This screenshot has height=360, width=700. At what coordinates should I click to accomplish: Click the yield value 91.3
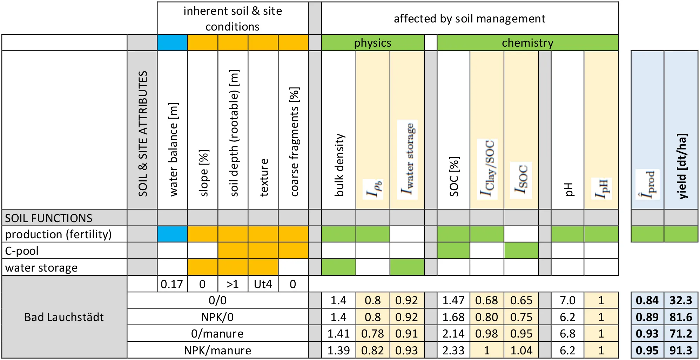click(x=681, y=350)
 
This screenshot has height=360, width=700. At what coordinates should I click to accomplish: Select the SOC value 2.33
click(x=453, y=350)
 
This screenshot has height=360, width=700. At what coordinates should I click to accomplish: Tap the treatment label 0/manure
click(x=217, y=333)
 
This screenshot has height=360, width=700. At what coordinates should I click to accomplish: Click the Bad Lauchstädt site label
click(x=64, y=317)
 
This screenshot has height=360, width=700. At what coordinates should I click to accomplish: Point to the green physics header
click(x=372, y=43)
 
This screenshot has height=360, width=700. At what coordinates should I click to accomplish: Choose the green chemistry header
click(x=527, y=43)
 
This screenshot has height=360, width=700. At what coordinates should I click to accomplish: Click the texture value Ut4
click(x=263, y=284)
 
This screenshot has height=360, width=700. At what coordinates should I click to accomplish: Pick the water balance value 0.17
click(x=172, y=284)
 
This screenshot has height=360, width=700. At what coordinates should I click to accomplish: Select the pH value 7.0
click(x=567, y=300)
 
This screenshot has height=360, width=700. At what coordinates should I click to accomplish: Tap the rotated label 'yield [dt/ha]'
click(x=681, y=166)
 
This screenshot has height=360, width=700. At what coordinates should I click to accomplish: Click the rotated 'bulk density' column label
click(x=339, y=165)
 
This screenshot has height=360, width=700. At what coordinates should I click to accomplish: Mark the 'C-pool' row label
click(x=22, y=251)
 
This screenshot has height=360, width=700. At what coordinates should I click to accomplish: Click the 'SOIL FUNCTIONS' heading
click(x=48, y=218)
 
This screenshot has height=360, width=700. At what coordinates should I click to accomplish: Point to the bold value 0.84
click(x=647, y=300)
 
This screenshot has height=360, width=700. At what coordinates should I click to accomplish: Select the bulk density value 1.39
click(x=338, y=350)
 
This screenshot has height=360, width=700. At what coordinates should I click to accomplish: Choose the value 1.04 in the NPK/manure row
click(x=521, y=350)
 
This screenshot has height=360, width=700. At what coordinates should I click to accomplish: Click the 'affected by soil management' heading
click(x=469, y=19)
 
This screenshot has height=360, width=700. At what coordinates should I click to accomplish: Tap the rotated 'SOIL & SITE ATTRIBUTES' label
click(x=143, y=133)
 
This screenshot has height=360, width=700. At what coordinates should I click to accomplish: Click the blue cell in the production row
click(x=172, y=234)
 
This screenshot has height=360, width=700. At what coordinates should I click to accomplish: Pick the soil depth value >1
click(x=233, y=284)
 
